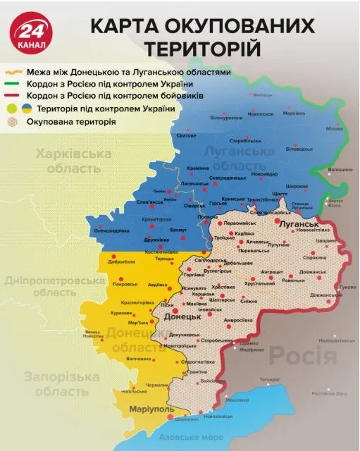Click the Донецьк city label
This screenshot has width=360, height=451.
pos(182,318)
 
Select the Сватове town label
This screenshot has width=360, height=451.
pos(186,135)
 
